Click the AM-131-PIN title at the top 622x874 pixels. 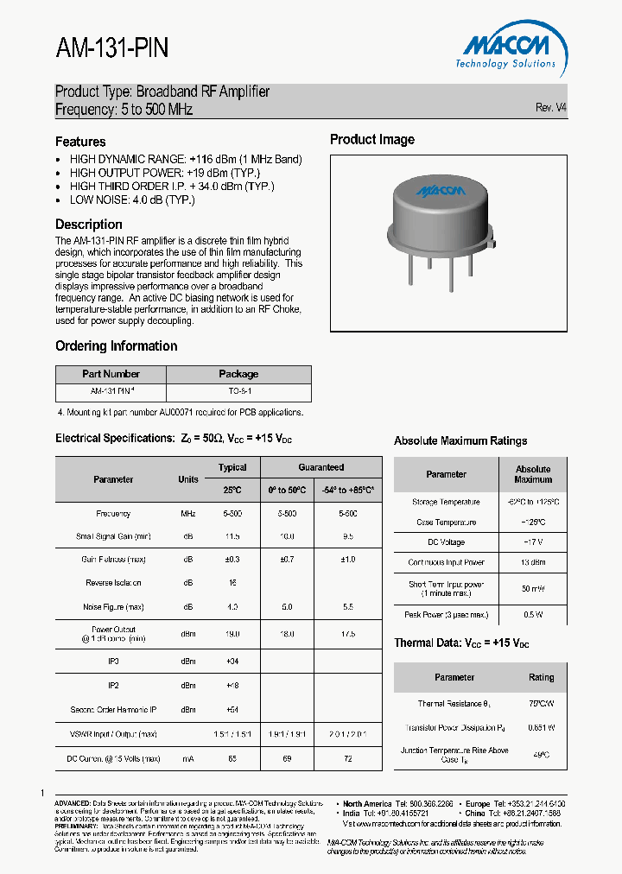click(x=112, y=49)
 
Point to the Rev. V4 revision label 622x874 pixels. click(x=550, y=107)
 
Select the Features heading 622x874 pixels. click(x=80, y=142)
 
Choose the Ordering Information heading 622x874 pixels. click(x=116, y=346)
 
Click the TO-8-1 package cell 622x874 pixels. click(x=238, y=391)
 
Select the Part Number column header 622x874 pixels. click(x=111, y=374)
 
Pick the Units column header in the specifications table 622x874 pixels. click(x=188, y=479)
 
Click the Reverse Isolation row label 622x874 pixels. click(x=113, y=583)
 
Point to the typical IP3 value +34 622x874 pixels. click(x=232, y=662)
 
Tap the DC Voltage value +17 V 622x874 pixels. click(x=533, y=542)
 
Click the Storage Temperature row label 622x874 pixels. click(x=447, y=502)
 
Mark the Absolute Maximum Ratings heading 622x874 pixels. click(x=460, y=440)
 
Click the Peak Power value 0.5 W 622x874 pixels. click(x=533, y=615)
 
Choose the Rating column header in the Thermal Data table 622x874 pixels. click(x=542, y=678)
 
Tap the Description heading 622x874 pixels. click(x=89, y=225)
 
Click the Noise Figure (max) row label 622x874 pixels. click(x=113, y=607)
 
